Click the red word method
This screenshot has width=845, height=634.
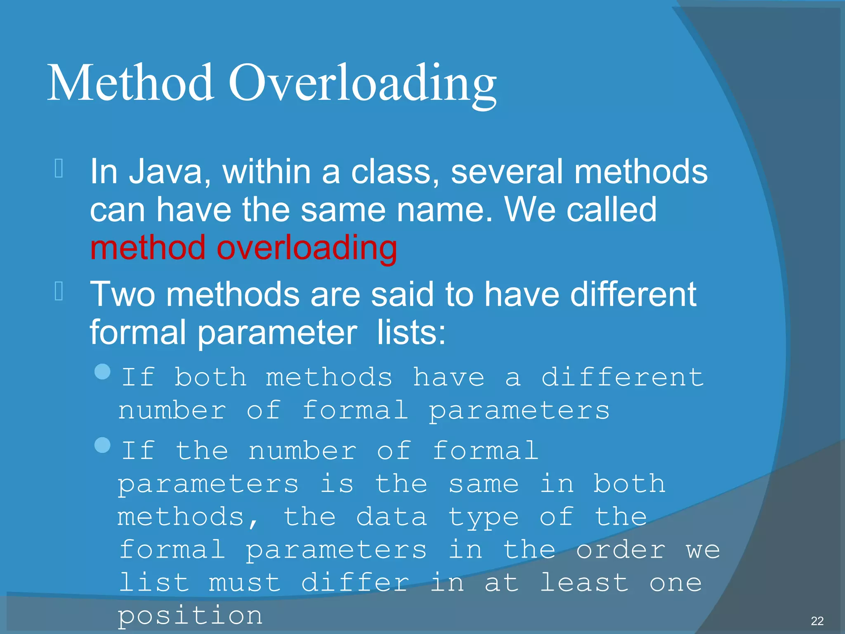(148, 248)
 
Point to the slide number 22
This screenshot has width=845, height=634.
(817, 621)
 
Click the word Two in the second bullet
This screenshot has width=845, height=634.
(123, 294)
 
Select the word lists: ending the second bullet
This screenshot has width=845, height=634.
(411, 333)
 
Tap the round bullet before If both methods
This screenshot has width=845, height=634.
(102, 371)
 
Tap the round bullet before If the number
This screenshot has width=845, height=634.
(102, 445)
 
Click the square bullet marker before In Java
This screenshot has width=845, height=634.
(59, 168)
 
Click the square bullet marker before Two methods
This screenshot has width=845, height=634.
(59, 291)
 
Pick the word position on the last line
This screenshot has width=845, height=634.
(190, 616)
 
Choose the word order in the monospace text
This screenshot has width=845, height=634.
(620, 550)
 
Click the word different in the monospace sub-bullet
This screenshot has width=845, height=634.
(622, 377)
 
